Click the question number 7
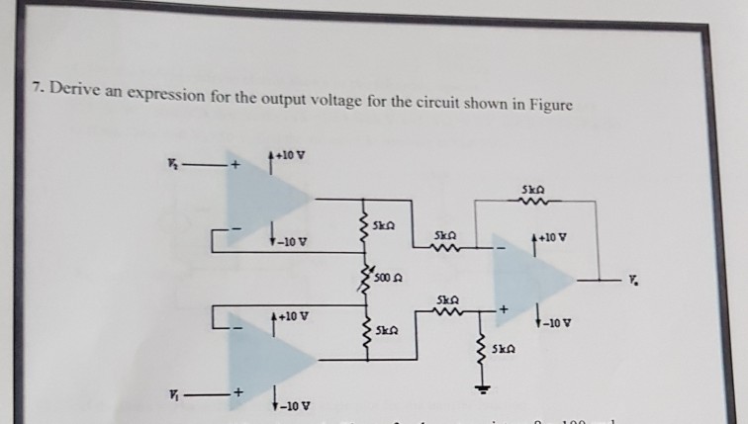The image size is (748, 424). [36, 90]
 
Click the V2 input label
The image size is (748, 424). [173, 164]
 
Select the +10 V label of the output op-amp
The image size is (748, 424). [554, 238]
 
